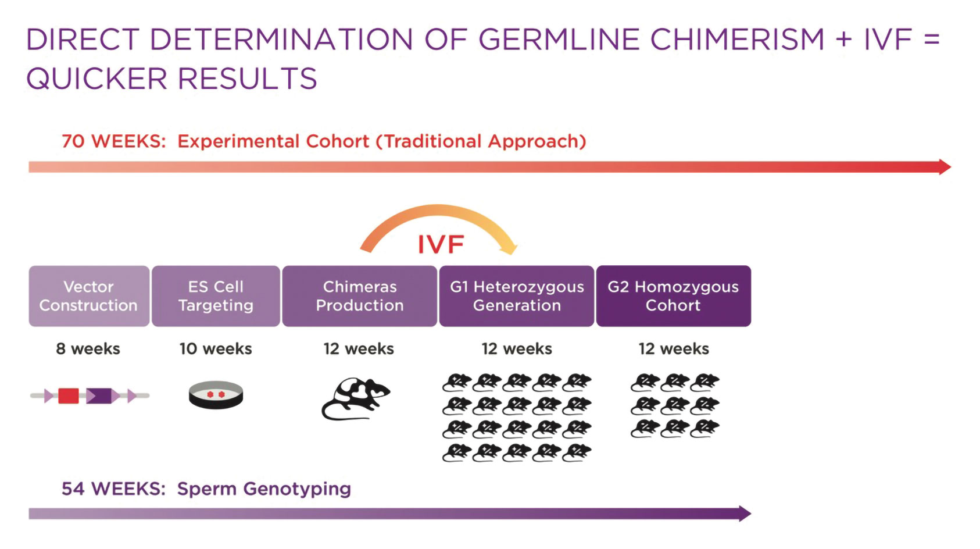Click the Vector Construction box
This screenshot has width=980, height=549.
coord(90,296)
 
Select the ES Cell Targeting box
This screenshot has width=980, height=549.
coord(216,296)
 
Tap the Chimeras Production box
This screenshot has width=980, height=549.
coord(360,296)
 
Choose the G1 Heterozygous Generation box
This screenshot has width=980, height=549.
coord(517,296)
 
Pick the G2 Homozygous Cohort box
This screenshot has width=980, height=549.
coord(674,296)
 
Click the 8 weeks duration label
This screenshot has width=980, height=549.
coord(88,349)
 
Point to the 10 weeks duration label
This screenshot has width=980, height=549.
coord(216,349)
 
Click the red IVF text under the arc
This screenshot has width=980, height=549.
coord(441,244)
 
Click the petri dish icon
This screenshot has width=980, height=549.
coord(216,395)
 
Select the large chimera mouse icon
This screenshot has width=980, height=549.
coord(356,399)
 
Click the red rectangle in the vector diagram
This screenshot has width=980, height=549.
coord(68,396)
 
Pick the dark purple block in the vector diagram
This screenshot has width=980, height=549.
coord(99,396)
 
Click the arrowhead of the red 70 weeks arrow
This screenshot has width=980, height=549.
coord(945,167)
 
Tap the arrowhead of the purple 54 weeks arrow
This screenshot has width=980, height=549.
coord(745,514)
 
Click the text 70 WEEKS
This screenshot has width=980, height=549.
coord(114,141)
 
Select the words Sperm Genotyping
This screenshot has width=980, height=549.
coord(264,489)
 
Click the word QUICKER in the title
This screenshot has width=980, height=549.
coord(96,79)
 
